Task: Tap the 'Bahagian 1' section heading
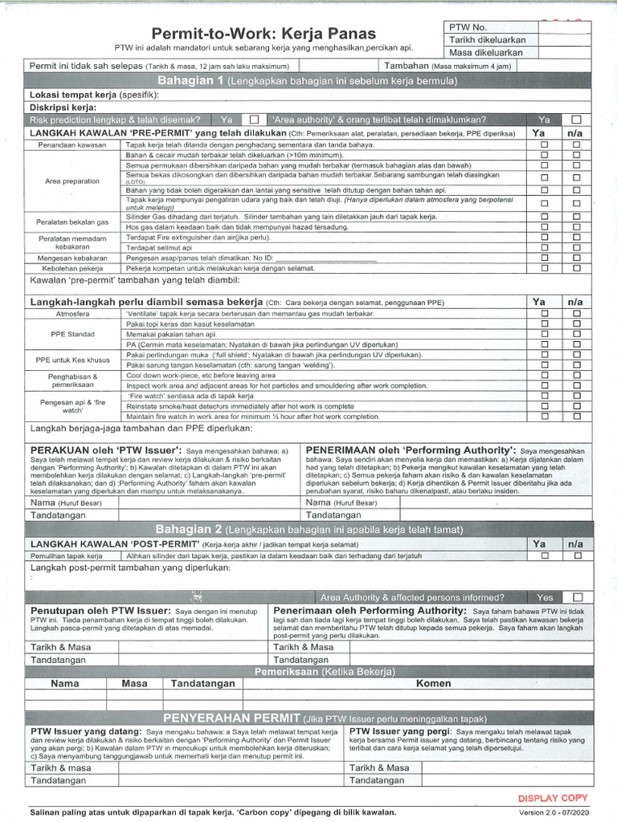click(x=192, y=81)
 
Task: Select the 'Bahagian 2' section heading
click(x=192, y=530)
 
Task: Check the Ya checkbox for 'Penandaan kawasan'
click(x=544, y=144)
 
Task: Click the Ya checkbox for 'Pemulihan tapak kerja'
click(x=544, y=555)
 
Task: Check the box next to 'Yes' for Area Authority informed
click(x=576, y=597)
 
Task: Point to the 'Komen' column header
click(x=432, y=684)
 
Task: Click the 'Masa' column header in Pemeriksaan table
click(x=135, y=684)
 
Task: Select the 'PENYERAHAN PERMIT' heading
click(x=231, y=717)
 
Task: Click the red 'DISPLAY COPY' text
click(x=552, y=797)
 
